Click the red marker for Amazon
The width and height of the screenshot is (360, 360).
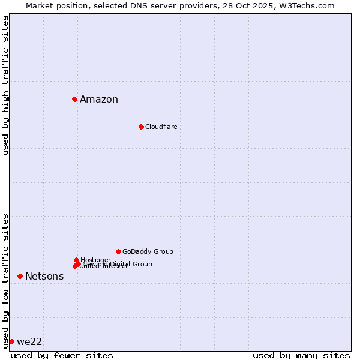pyautogui.click(x=74, y=99)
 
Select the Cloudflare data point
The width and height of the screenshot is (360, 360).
pyautogui.click(x=141, y=127)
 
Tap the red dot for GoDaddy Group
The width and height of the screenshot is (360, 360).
pyautogui.click(x=118, y=251)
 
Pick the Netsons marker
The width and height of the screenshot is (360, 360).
pyautogui.click(x=20, y=276)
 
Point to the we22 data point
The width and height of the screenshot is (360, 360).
pyautogui.click(x=11, y=341)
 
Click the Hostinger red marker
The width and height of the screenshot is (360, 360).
pyautogui.click(x=76, y=260)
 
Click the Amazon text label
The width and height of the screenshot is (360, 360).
pyautogui.click(x=99, y=100)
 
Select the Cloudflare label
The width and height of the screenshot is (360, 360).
pyautogui.click(x=161, y=127)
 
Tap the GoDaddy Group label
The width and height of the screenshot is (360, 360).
pyautogui.click(x=148, y=251)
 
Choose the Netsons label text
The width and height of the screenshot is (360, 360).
pyautogui.click(x=44, y=277)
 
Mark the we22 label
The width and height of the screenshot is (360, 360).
pyautogui.click(x=29, y=342)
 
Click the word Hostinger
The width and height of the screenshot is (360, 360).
pyautogui.click(x=95, y=260)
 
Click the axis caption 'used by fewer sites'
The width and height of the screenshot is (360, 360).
pyautogui.click(x=62, y=355)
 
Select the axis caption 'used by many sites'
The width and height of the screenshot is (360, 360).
pyautogui.click(x=301, y=355)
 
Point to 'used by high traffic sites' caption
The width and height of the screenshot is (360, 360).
pyautogui.click(x=5, y=85)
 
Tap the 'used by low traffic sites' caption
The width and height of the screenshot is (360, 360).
pyautogui.click(x=5, y=281)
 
